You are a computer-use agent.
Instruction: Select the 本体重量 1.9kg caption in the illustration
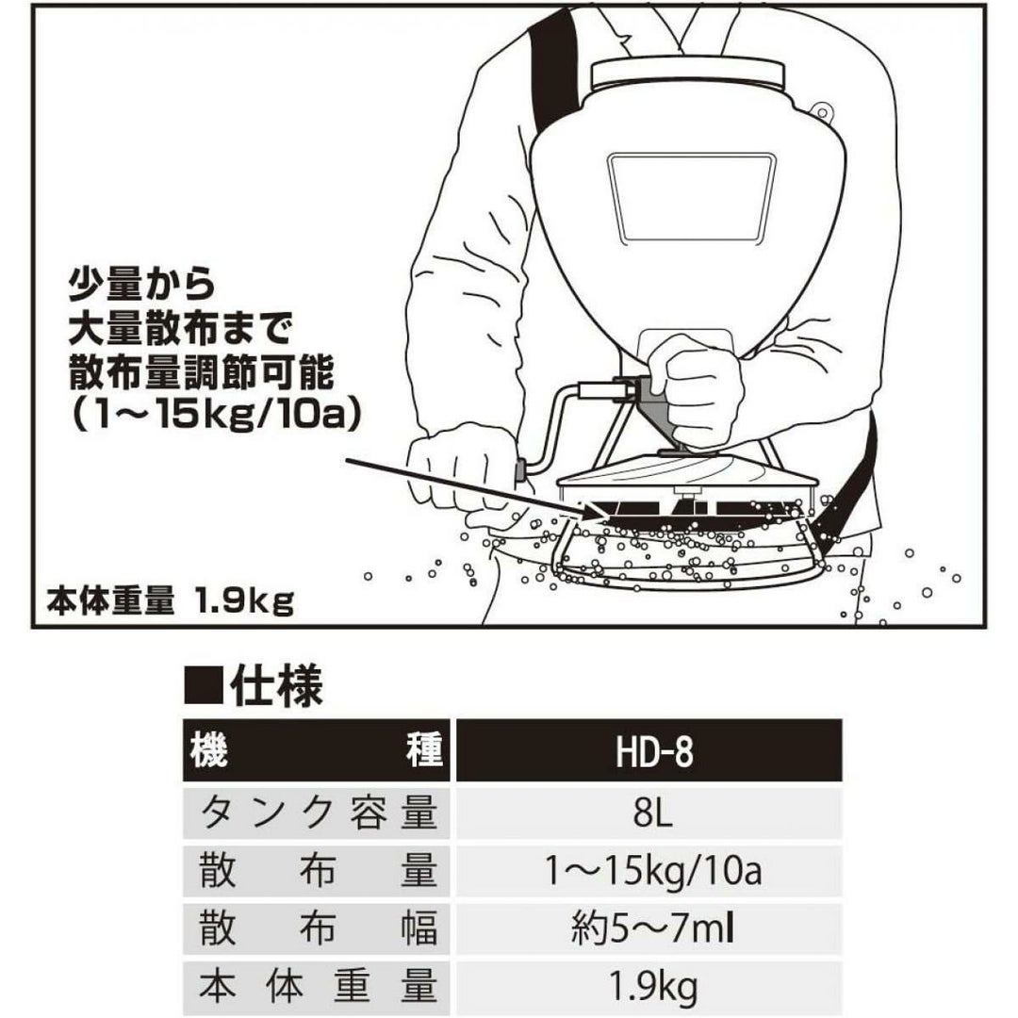[171, 600]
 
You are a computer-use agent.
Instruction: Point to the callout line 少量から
[142, 282]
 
